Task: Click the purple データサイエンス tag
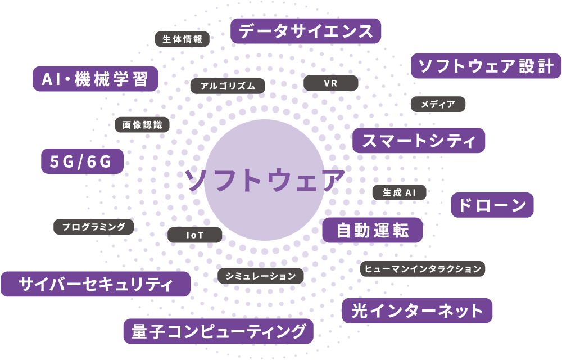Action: coord(306,31)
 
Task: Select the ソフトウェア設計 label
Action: coord(487,66)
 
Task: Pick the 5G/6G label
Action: coord(83,161)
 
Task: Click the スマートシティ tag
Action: coord(419,140)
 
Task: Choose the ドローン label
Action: coord(492,205)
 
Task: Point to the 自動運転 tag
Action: coord(372,230)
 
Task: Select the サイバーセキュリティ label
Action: coord(96,284)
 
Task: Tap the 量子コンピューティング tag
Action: coord(218,331)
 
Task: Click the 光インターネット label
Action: coord(417,310)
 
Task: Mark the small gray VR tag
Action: coord(330,83)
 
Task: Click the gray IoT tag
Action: coord(195,235)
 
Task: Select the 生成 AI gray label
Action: coord(399,192)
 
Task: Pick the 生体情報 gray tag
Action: coord(182,39)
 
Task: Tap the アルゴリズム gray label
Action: coord(227,86)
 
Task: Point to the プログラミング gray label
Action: coord(94,227)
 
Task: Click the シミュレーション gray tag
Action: coord(261,276)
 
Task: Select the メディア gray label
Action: coord(438,104)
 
